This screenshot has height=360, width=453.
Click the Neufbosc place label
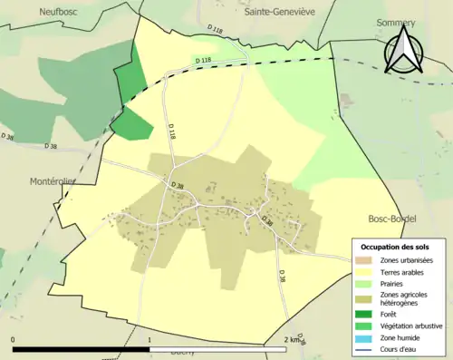click(60, 12)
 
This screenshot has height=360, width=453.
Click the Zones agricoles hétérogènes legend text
click(406, 299)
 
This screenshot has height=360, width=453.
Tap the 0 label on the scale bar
click(14, 339)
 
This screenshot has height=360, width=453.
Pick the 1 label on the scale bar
click(149, 339)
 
